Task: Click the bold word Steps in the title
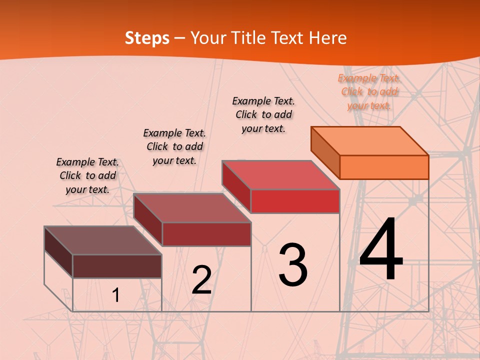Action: [147, 38]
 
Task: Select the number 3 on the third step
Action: [293, 264]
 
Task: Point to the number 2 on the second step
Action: [201, 280]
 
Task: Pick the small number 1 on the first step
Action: [116, 295]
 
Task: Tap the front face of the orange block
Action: [384, 167]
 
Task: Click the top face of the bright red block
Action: [281, 175]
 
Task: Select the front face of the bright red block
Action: [295, 201]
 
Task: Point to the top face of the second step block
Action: [192, 207]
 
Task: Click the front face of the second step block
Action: [206, 234]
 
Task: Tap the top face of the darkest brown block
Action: [103, 240]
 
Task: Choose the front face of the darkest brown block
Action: [117, 266]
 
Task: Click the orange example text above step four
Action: [369, 91]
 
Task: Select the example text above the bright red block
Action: [263, 114]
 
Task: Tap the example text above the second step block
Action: [174, 146]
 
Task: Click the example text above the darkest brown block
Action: [87, 175]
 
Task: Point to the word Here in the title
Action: [328, 38]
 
